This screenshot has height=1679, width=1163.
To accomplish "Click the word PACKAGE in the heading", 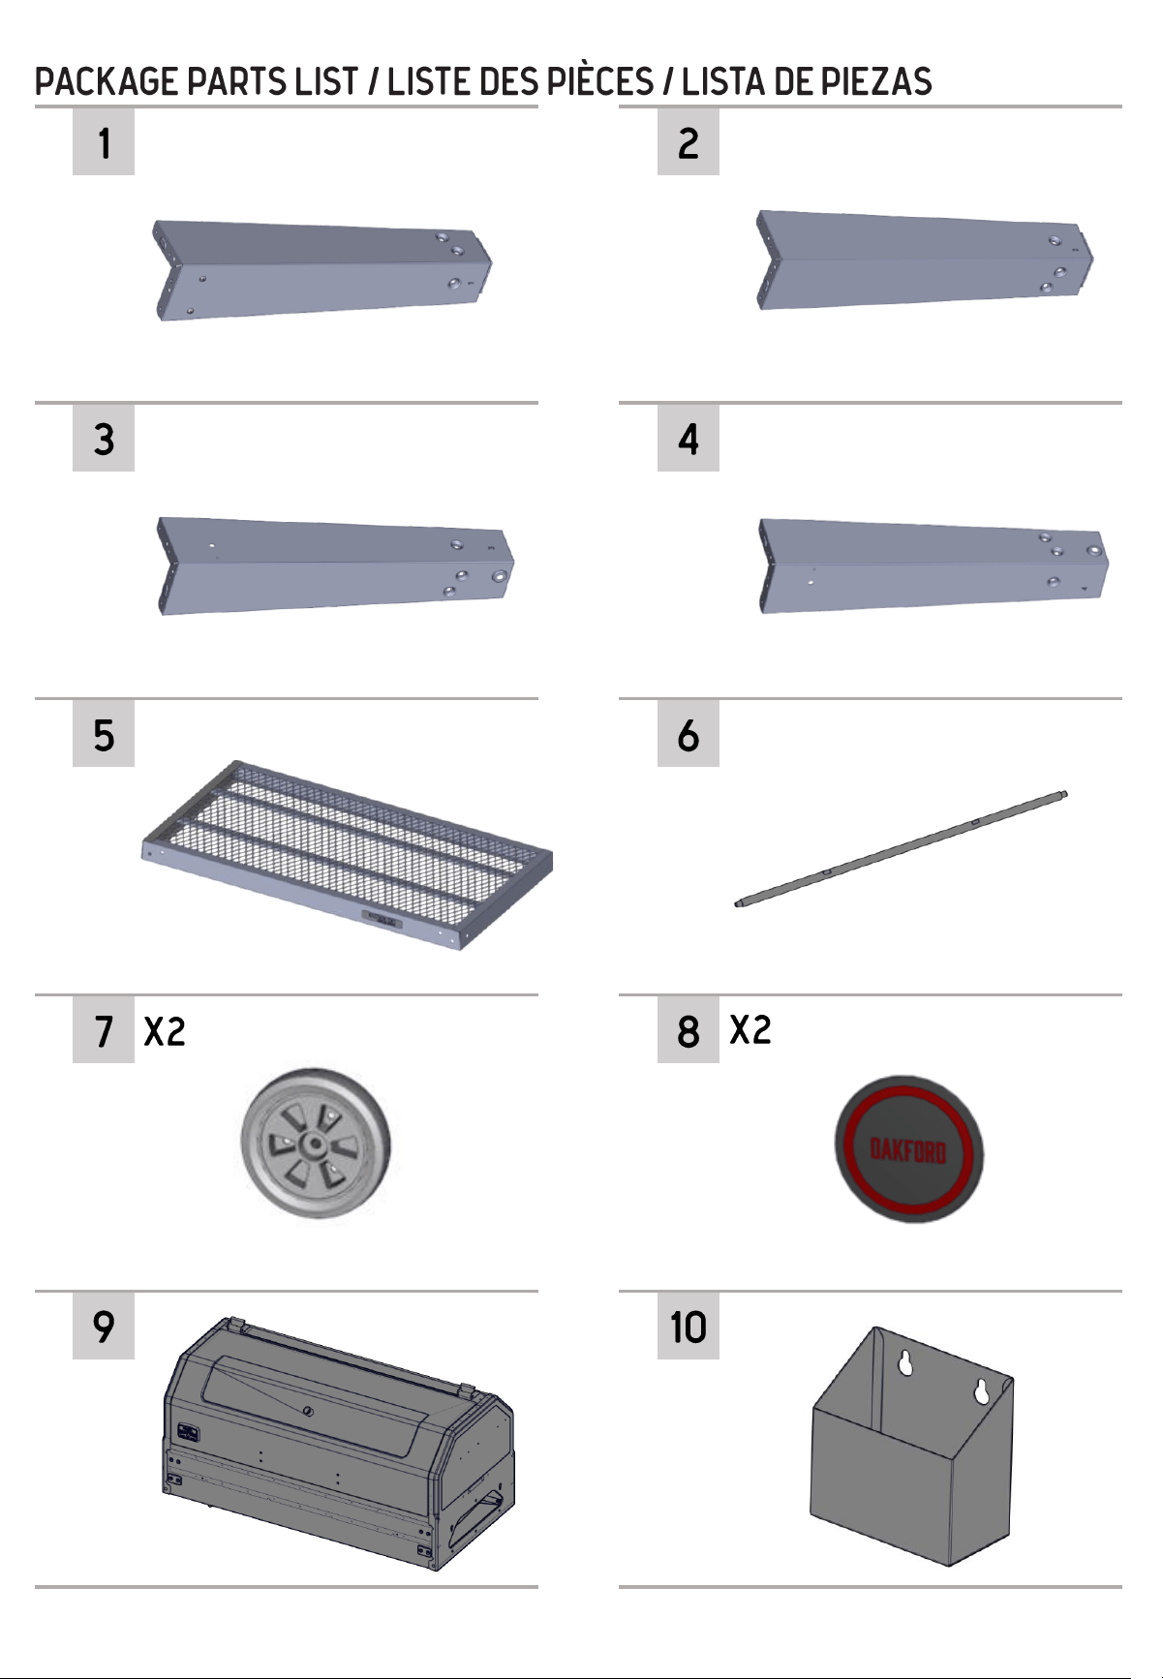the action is (107, 82).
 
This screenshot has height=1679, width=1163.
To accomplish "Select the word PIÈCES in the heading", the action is (600, 82).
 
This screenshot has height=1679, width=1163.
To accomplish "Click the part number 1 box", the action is (104, 142).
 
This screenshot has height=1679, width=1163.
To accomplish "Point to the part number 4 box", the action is (689, 439).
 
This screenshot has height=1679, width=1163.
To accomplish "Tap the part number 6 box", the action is (689, 735).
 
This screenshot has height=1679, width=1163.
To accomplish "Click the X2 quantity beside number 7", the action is (165, 1031).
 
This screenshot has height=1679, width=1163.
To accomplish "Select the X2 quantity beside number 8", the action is (750, 1029).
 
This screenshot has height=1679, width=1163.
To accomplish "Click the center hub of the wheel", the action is (313, 1145).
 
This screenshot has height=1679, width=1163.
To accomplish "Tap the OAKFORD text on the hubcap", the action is (908, 1150).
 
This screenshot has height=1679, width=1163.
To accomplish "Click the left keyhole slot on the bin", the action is (905, 1362).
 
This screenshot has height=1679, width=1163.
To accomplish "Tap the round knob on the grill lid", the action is (308, 1411).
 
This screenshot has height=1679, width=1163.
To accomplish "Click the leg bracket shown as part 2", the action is (925, 259).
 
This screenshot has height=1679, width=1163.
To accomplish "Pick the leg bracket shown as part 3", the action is (335, 565).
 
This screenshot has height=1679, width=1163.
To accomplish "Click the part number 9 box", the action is (104, 1327).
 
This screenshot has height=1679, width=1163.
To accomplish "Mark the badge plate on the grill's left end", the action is (188, 1433).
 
